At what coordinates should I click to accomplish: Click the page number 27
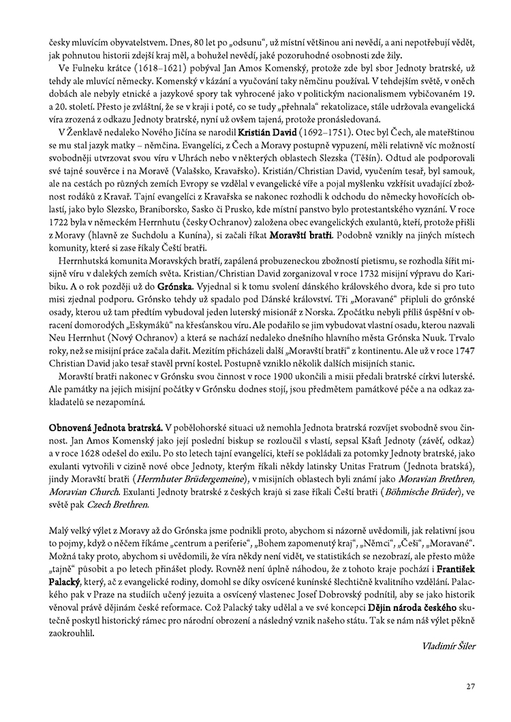click(x=470, y=686)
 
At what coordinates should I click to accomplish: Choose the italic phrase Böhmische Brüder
click(x=420, y=491)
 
